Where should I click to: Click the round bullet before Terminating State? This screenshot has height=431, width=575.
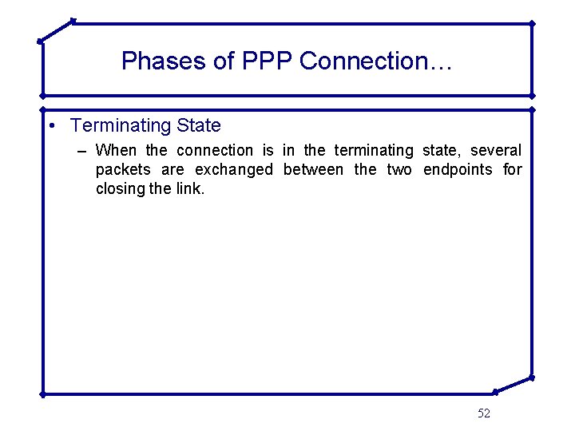pyautogui.click(x=51, y=126)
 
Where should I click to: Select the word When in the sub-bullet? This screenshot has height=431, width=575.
pyautogui.click(x=116, y=151)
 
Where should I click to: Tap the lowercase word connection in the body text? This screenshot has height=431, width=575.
pyautogui.click(x=214, y=151)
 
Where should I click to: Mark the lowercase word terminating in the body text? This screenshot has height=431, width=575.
pyautogui.click(x=374, y=151)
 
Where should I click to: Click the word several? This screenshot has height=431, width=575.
pyautogui.click(x=495, y=151)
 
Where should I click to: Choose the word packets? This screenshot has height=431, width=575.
pyautogui.click(x=123, y=170)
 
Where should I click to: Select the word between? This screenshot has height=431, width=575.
pyautogui.click(x=313, y=170)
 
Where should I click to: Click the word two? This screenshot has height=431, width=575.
pyautogui.click(x=399, y=170)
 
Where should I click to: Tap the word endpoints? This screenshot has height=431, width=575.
pyautogui.click(x=458, y=170)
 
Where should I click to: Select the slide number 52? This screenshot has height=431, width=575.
pyautogui.click(x=484, y=413)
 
